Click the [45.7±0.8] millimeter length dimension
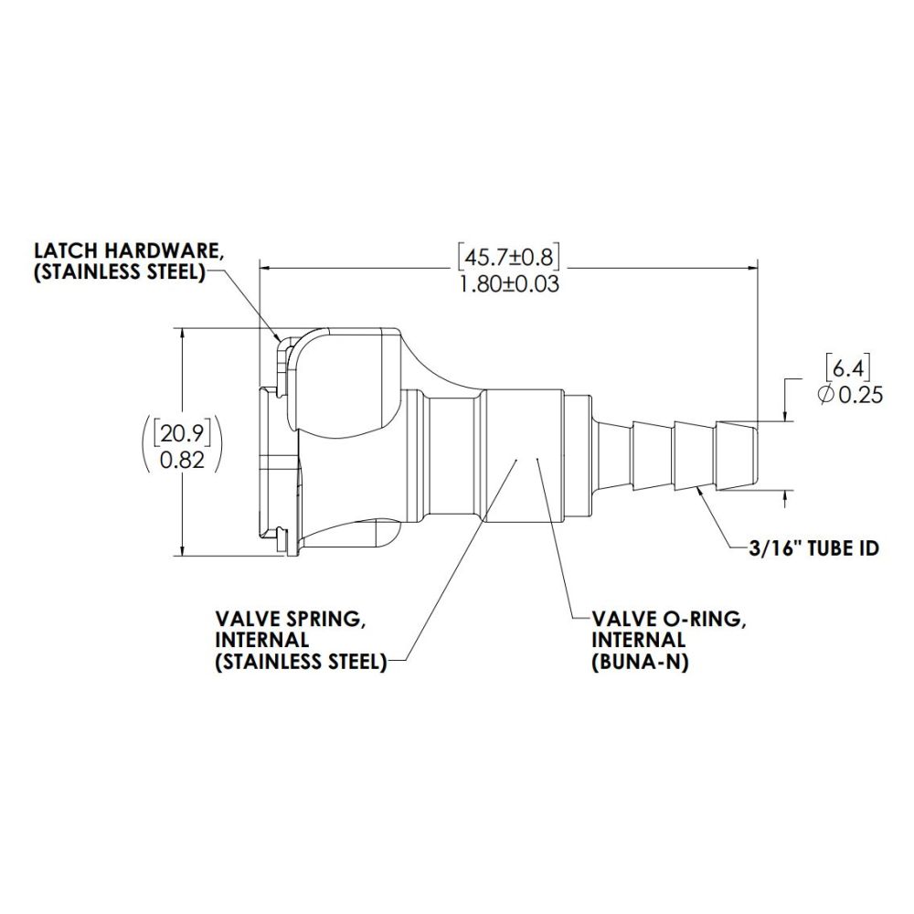point(507,255)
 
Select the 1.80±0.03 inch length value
point(507,283)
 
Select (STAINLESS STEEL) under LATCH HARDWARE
point(118,273)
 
